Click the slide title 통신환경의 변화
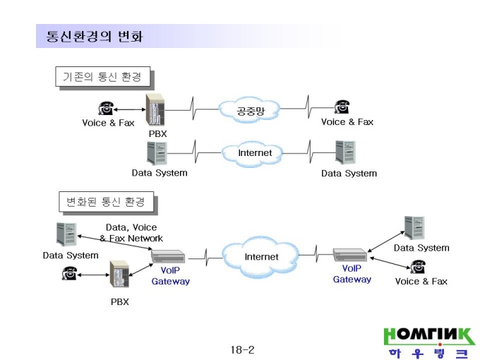[x=95, y=36]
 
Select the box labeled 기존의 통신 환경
[x=103, y=76]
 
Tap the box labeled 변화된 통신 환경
[x=106, y=202]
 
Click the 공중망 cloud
[x=249, y=110]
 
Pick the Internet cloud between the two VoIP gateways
[x=260, y=256]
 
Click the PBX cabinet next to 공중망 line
[x=155, y=109]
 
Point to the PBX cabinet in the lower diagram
[x=119, y=274]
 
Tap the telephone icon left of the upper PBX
[x=106, y=109]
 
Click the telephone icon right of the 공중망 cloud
[x=342, y=107]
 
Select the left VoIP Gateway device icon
[x=168, y=256]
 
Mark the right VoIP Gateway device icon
[x=350, y=255]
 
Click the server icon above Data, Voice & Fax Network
[x=66, y=234]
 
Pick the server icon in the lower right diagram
[x=414, y=227]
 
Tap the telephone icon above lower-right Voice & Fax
[x=418, y=267]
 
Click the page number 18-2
[x=242, y=349]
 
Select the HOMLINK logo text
[x=428, y=336]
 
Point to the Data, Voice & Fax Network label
[x=131, y=233]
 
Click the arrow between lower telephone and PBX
[x=93, y=275]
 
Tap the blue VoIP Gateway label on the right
[x=352, y=274]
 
